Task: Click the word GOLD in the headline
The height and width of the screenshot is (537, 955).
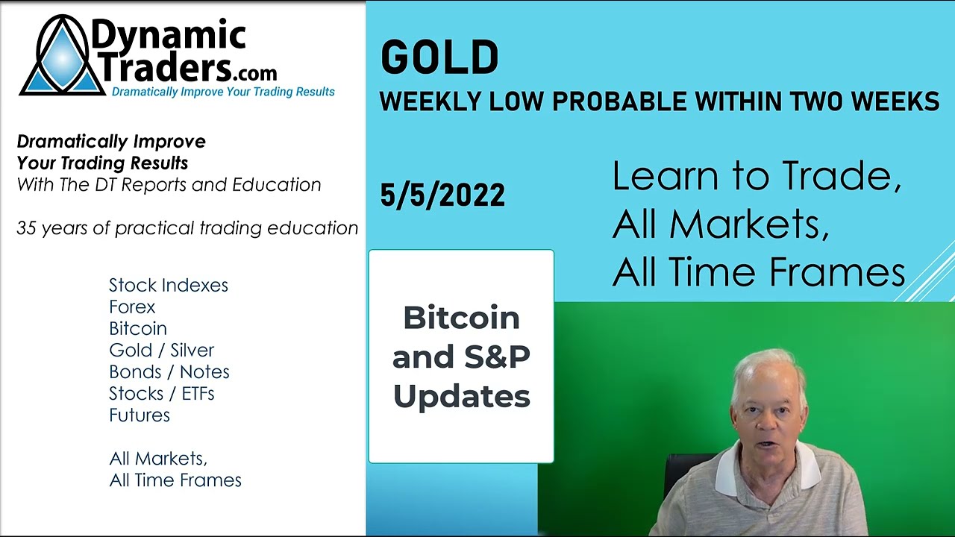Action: pos(439,58)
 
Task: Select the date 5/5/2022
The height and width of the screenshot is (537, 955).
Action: pos(442,195)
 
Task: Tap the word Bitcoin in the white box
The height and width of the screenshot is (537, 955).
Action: pos(461,318)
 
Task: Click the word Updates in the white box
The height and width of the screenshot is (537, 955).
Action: pos(461,396)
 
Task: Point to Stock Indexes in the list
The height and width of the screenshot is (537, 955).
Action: pos(169,285)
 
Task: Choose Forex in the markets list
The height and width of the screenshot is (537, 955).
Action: pos(132,307)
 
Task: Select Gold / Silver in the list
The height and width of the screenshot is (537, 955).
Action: pos(161,350)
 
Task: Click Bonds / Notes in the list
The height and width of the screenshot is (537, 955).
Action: pos(169,371)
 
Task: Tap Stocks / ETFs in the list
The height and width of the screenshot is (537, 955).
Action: pos(161,393)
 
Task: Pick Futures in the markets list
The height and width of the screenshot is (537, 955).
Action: pos(140,415)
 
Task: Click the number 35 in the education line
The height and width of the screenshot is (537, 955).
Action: pos(26,228)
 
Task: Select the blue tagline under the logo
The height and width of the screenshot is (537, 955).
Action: pos(223,92)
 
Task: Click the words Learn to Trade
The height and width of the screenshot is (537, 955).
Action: pos(757,176)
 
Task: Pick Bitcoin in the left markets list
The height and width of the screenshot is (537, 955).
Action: pos(138,328)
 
